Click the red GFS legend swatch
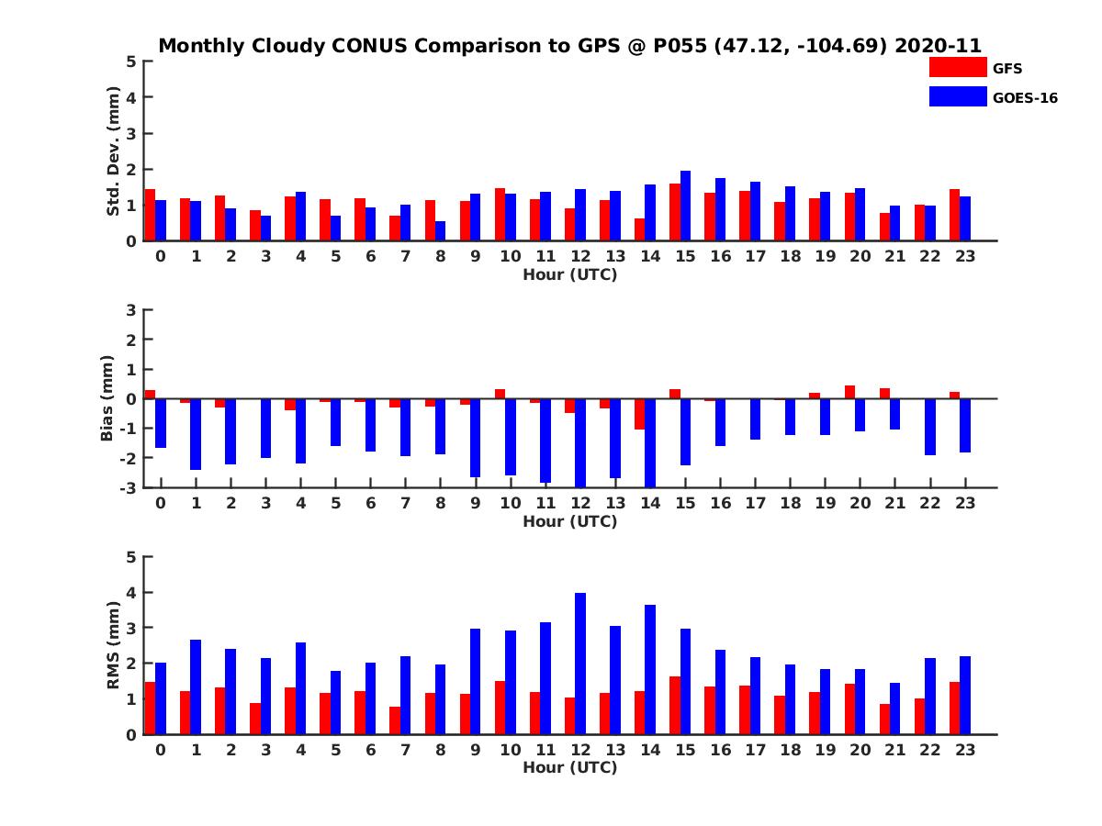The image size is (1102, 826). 958,67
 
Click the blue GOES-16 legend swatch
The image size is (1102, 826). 958,96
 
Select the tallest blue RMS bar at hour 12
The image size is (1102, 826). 580,664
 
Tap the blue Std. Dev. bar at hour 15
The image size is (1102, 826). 685,206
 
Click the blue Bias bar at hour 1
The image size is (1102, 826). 196,434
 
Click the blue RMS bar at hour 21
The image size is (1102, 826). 894,709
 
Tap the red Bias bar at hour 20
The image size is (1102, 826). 849,392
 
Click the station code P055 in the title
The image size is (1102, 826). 679,46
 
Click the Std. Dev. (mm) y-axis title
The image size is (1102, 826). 114,151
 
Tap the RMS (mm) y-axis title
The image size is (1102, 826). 114,645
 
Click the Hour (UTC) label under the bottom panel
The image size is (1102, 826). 569,767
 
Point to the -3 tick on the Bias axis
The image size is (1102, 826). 128,487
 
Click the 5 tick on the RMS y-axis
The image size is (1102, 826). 131,556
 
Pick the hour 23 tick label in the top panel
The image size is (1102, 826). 964,256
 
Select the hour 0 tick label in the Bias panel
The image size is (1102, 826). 161,503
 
